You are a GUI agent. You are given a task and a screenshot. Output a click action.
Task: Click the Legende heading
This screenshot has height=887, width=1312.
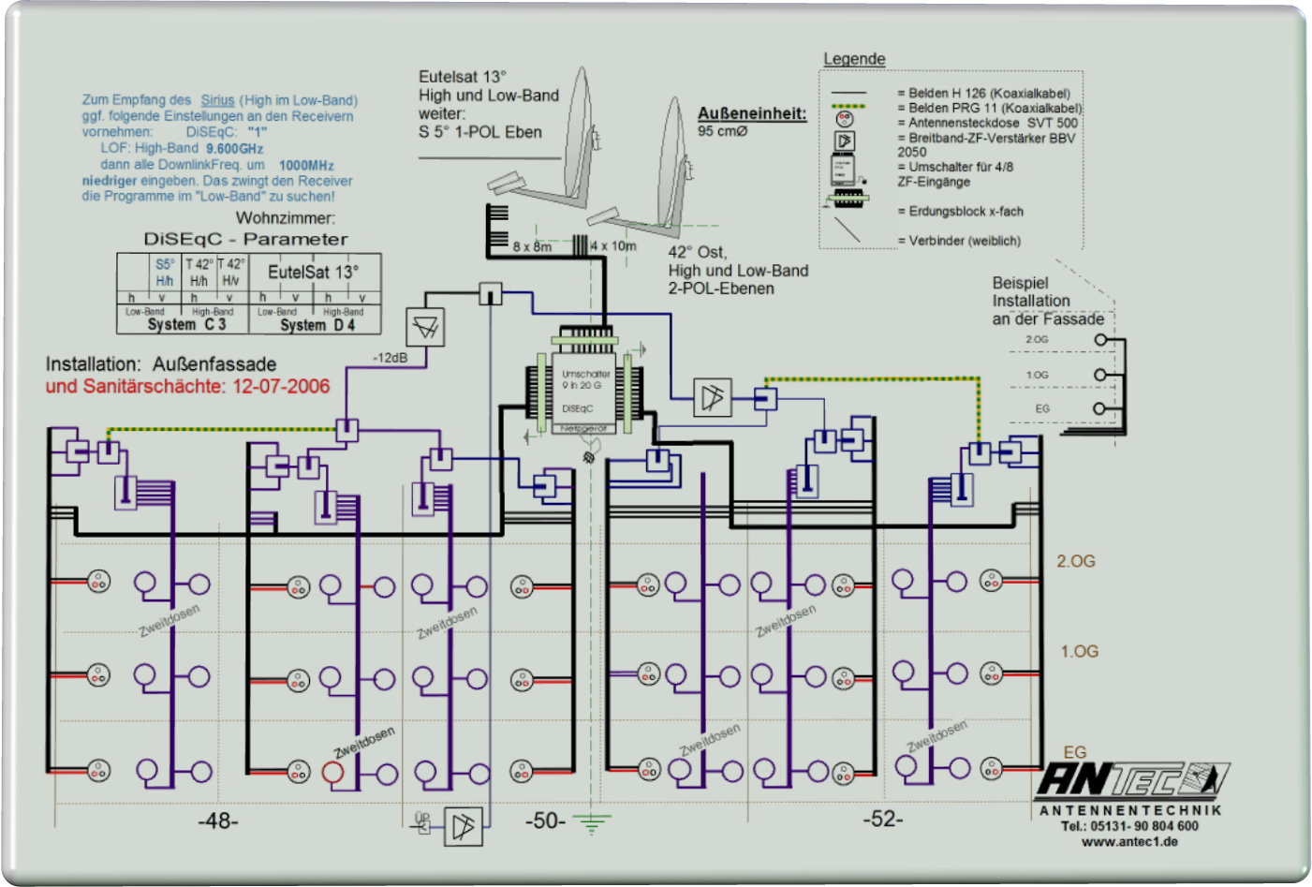(854, 59)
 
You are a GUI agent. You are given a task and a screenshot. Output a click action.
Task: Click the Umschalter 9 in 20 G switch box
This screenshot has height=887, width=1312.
(584, 386)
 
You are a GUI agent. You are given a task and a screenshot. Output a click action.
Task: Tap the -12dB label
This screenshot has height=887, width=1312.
(390, 358)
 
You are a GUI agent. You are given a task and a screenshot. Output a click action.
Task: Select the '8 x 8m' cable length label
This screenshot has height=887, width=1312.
(532, 247)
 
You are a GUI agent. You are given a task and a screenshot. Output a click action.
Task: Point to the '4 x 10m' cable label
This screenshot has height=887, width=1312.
(613, 246)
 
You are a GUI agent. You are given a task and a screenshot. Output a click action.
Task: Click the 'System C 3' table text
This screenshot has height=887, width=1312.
(186, 324)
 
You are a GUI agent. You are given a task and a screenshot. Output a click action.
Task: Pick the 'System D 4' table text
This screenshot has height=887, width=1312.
(317, 325)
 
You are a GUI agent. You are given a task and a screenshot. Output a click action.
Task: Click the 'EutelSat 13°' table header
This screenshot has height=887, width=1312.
(313, 272)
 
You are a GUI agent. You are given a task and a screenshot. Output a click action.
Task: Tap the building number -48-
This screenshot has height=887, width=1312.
(218, 820)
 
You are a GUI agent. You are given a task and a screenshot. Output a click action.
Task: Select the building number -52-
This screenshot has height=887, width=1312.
(883, 819)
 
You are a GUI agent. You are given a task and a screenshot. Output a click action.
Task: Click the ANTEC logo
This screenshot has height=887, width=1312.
(1131, 779)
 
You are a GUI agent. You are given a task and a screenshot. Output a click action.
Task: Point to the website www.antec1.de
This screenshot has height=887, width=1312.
(1129, 841)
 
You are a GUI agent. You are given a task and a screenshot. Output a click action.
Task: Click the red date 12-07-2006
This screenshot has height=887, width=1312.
(281, 386)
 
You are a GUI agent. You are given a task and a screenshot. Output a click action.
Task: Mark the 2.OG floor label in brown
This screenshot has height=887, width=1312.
(1076, 561)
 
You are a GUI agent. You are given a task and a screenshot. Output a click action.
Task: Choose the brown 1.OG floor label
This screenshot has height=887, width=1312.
(1079, 651)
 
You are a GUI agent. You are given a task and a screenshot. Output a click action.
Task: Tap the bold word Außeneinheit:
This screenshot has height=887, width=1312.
(752, 113)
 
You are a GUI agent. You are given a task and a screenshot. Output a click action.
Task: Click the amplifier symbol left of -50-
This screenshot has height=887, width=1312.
(463, 826)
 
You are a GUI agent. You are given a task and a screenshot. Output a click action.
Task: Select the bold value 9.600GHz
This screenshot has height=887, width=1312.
(235, 149)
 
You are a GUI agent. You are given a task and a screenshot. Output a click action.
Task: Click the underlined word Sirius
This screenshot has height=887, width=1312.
(217, 100)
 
